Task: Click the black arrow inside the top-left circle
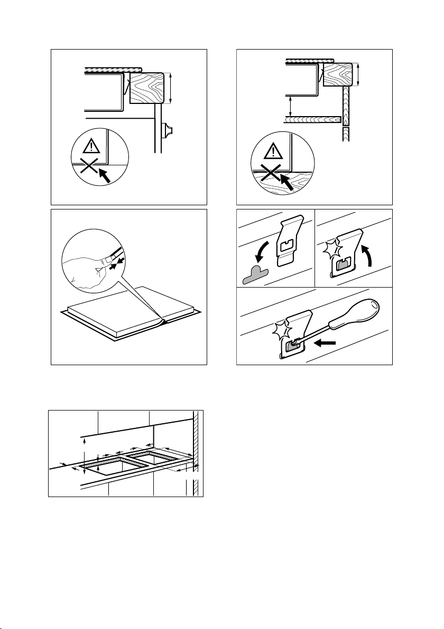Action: coord(107,176)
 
